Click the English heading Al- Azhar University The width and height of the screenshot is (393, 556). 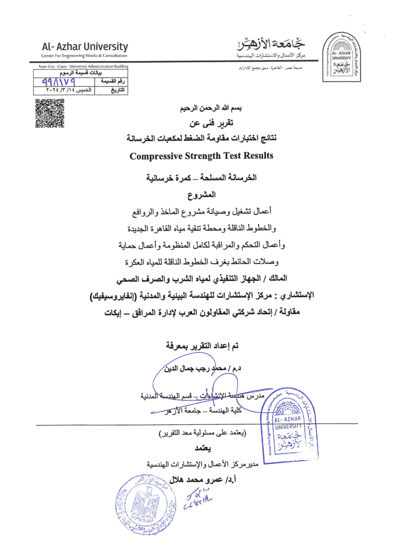85,47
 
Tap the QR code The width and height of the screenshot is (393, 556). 50,114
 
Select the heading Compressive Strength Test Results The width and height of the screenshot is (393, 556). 200,155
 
